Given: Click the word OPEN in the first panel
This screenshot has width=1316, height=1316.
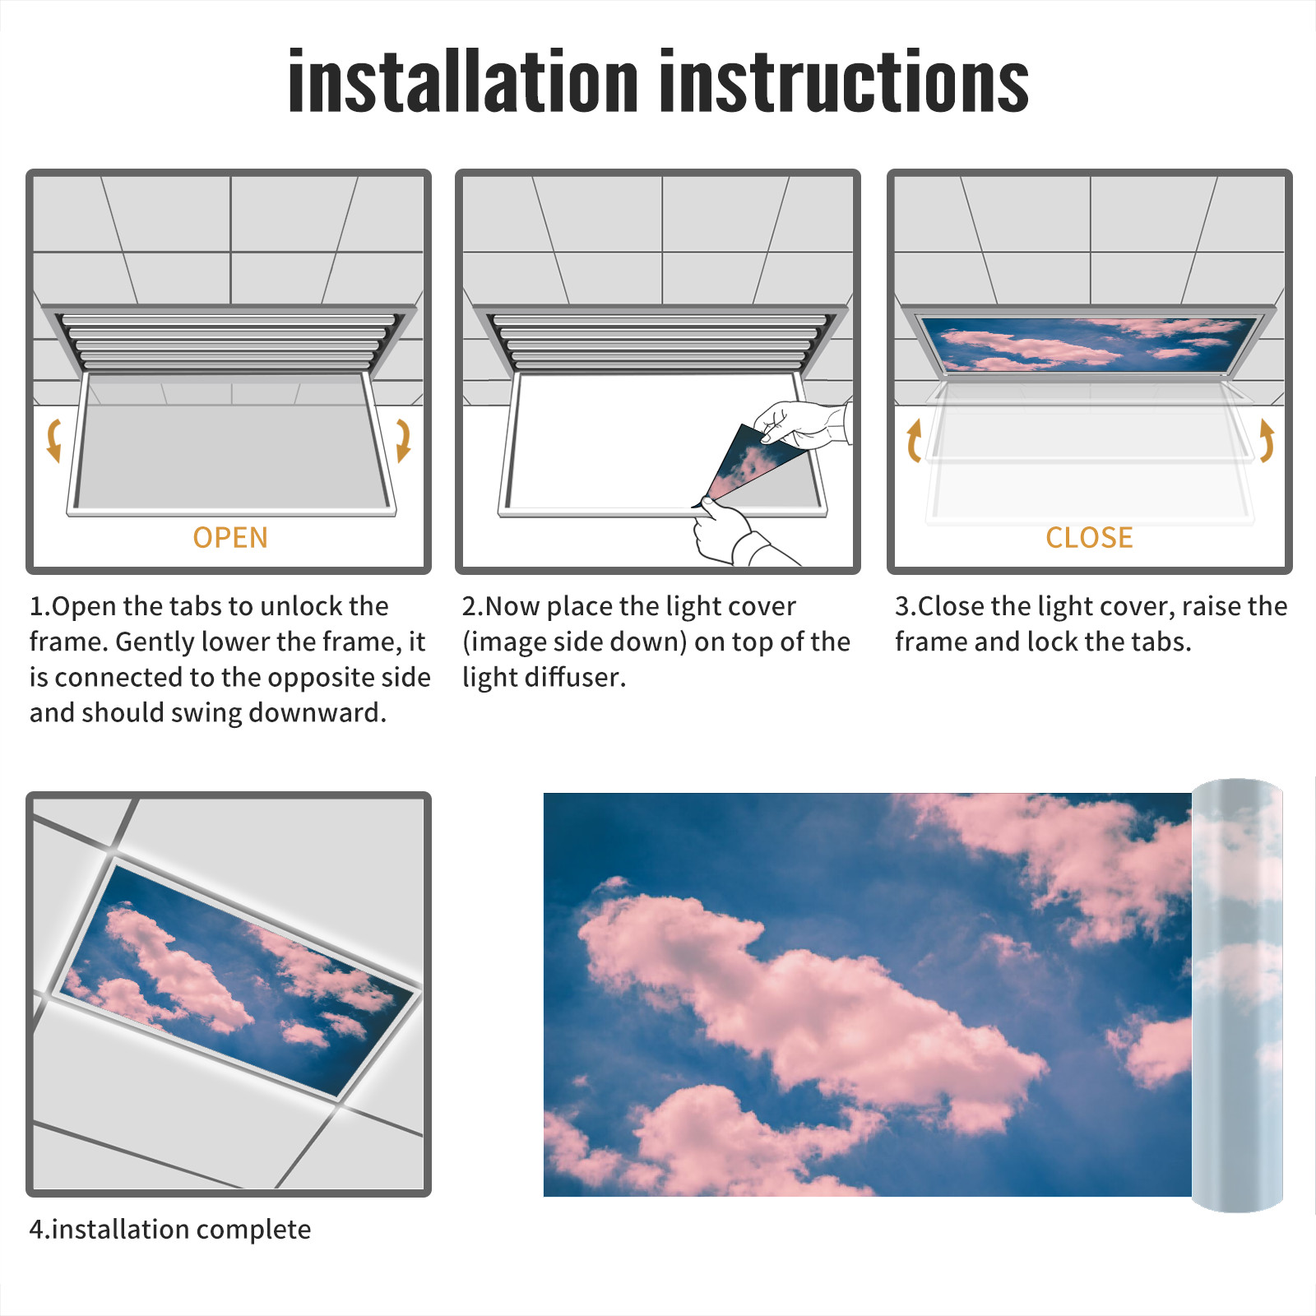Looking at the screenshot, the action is tap(230, 537).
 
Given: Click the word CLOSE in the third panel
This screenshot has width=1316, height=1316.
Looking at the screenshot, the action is tap(1089, 537).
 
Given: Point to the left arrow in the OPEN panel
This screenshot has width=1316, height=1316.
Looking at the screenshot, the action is tap(53, 440).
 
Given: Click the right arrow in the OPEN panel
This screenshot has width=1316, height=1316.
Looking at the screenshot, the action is tap(403, 440).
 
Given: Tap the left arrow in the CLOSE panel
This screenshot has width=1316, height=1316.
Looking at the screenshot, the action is tap(914, 440).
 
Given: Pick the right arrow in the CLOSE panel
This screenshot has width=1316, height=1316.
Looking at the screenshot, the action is tap(1267, 440).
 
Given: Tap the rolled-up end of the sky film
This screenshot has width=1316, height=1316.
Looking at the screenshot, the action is tap(1237, 995).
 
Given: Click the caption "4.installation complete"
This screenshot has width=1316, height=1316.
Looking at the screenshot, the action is tap(170, 1230).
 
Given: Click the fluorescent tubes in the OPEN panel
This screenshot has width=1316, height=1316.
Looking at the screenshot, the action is tap(229, 341).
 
